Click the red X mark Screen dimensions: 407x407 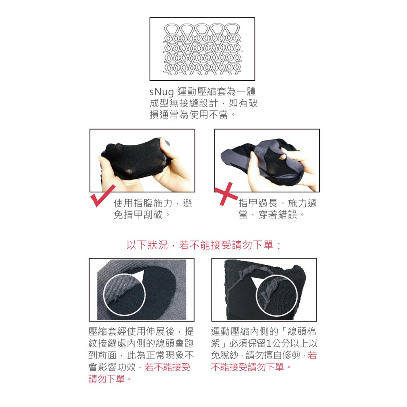coord(225,194)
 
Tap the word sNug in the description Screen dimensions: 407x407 coord(161,92)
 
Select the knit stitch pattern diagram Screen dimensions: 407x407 coord(202,49)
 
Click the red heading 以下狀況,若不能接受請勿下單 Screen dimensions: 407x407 coord(204,245)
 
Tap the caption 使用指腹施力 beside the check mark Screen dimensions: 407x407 coord(143,203)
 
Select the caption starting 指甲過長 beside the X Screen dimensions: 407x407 coord(277,209)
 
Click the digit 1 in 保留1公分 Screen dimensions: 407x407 coord(269,343)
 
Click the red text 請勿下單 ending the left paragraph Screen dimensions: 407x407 coord(107,379)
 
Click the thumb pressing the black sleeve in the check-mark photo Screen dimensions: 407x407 coord(163,148)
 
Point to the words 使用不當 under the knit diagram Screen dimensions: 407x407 coord(209,114)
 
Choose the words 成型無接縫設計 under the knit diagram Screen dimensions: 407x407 coord(184,103)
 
